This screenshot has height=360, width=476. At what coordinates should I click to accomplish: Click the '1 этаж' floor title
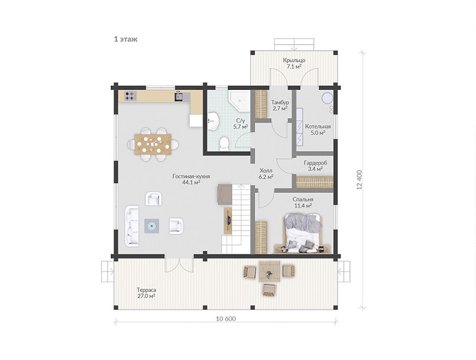(x=126, y=39)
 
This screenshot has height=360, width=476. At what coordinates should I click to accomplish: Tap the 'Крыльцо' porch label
(x=294, y=60)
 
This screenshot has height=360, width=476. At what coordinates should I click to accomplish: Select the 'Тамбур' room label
(x=280, y=102)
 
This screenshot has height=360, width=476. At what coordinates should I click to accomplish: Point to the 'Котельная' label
(x=318, y=127)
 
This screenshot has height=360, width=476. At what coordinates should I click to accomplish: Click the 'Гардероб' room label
(x=316, y=163)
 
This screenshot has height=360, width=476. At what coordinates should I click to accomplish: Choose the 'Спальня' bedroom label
(x=303, y=199)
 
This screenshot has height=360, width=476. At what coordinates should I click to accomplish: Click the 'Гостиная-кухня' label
(x=191, y=176)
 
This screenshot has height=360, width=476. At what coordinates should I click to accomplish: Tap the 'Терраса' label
(x=146, y=290)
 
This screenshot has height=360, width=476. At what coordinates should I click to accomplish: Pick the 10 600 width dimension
(x=226, y=319)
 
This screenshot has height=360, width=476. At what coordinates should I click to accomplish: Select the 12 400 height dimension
(x=360, y=180)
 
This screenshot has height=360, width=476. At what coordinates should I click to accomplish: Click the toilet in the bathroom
(x=224, y=143)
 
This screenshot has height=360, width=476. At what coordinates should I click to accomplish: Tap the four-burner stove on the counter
(x=131, y=96)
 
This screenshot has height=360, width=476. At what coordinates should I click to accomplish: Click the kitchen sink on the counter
(x=182, y=96)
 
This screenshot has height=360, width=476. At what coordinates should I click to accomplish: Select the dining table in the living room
(x=153, y=144)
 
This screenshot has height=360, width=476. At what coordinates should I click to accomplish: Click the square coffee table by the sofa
(x=152, y=226)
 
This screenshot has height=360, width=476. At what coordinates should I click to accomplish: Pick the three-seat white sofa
(x=132, y=226)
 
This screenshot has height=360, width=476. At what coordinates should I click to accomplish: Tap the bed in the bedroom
(x=303, y=233)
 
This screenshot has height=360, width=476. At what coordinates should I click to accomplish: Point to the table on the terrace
(x=269, y=272)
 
